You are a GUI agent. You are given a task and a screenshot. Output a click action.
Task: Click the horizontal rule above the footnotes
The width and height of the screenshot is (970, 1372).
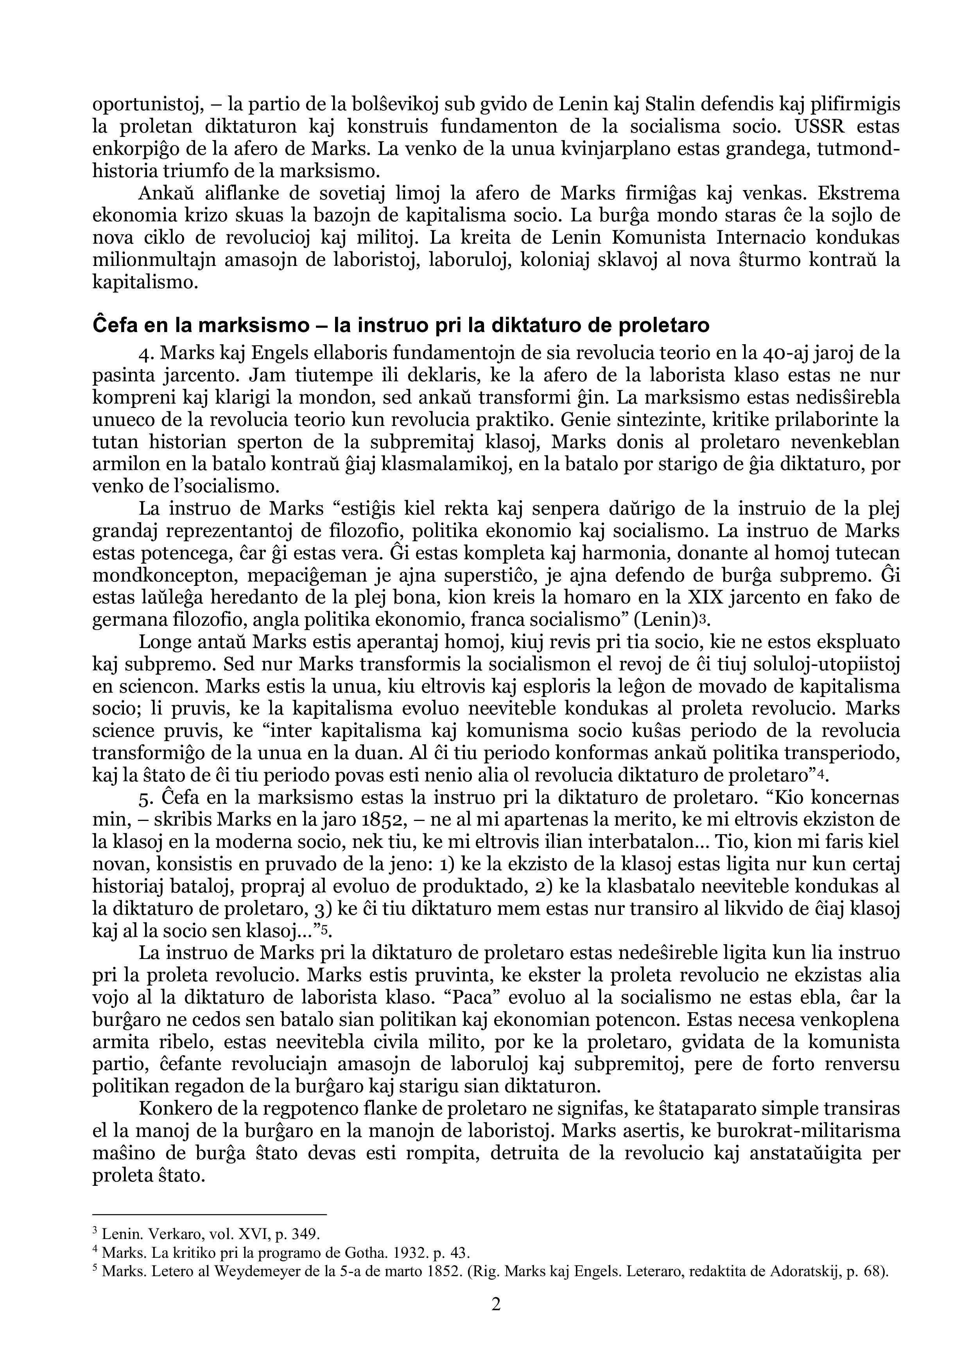coord(210,1215)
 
